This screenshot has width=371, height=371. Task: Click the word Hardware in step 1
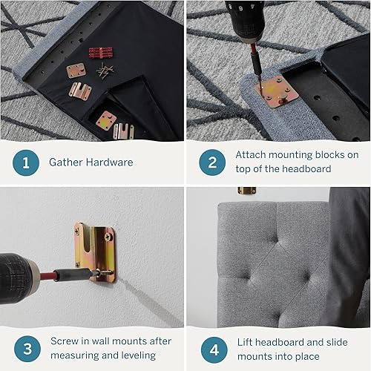pyautogui.click(x=109, y=162)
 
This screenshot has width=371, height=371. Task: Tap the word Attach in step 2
pyautogui.click(x=252, y=155)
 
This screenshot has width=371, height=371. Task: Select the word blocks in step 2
pyautogui.click(x=322, y=155)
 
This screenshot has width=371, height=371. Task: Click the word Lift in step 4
pyautogui.click(x=245, y=341)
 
